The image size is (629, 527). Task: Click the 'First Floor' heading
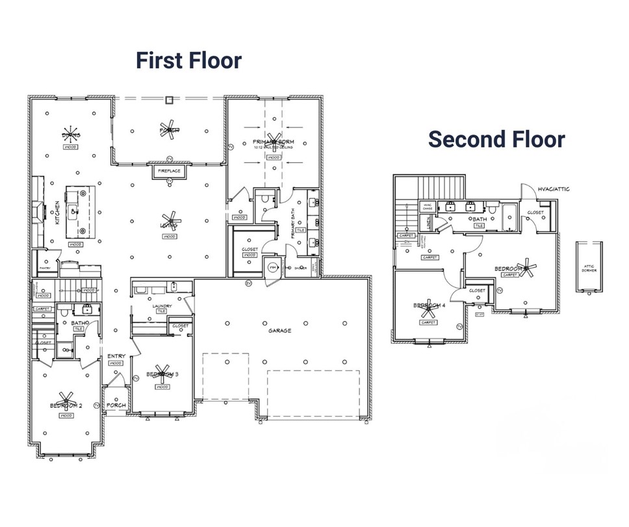coord(188,60)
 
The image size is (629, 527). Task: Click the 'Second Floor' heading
coord(496,138)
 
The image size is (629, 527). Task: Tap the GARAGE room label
coord(279,331)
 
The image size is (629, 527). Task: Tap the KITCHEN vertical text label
coord(57,212)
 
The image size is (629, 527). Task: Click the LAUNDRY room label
coord(162,305)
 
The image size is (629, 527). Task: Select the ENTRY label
coord(116,356)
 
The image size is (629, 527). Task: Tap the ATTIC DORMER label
coord(589,268)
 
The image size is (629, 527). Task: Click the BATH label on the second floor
coord(480,219)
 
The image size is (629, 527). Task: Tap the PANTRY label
coord(45,267)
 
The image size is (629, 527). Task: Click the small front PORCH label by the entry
coord(116,405)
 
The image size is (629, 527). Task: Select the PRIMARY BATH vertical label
coord(293,229)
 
